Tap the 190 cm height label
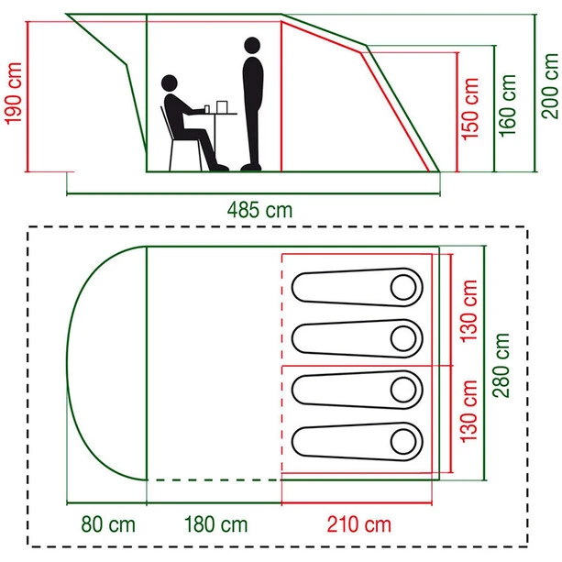pyautogui.click(x=13, y=94)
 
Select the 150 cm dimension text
pyautogui.click(x=470, y=106)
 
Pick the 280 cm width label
pyautogui.click(x=502, y=363)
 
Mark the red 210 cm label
pyautogui.click(x=359, y=525)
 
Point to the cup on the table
pyautogui.click(x=209, y=108)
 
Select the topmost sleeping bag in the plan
pyautogui.click(x=357, y=287)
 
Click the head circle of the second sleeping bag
pyautogui.click(x=403, y=338)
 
